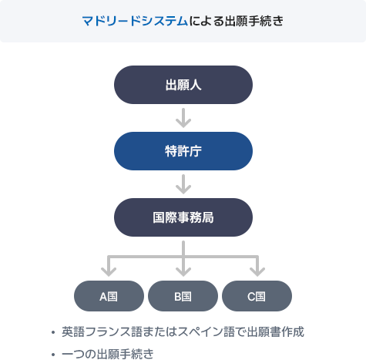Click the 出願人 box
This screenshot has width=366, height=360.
point(183,85)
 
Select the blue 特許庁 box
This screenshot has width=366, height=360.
point(183,151)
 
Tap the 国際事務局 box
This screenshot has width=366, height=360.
point(183,217)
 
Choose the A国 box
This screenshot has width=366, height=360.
point(109,296)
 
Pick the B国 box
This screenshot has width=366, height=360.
point(183,296)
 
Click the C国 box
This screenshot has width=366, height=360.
point(257,296)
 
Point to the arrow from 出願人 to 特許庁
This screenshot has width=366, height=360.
point(183,118)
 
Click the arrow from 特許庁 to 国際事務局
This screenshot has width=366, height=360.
point(183,184)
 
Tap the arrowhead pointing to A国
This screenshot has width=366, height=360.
point(109,271)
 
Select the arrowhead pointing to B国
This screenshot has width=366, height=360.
point(183,271)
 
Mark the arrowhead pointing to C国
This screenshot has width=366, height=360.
point(257,271)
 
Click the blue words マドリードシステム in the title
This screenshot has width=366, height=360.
point(135,21)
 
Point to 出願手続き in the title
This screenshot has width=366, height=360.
point(254,21)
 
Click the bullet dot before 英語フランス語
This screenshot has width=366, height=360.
point(53,332)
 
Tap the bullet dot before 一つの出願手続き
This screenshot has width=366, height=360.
point(53,355)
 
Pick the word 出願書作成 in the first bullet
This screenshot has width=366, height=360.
point(276,331)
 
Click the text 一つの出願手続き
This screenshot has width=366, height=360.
point(108,354)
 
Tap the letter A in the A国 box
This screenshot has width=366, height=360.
point(103,297)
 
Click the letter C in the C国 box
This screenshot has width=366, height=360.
point(251,297)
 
